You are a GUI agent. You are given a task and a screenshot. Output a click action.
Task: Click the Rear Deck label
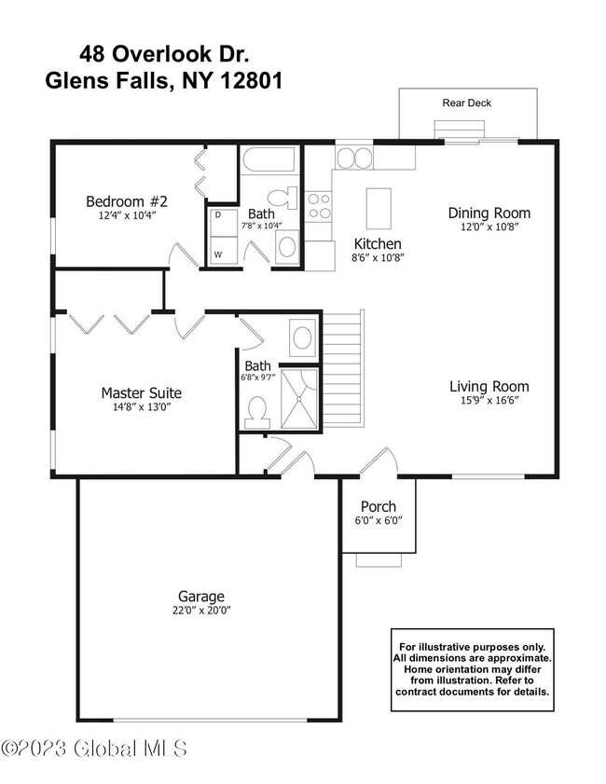click(x=467, y=103)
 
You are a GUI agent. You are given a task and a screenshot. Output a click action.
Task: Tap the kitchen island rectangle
click(x=378, y=208)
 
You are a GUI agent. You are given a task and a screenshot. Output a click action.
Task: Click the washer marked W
click(x=219, y=253)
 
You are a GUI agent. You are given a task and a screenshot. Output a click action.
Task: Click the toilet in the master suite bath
click(x=255, y=409)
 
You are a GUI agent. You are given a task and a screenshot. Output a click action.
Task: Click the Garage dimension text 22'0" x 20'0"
click(x=200, y=611)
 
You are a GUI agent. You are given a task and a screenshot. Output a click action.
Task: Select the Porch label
click(x=378, y=506)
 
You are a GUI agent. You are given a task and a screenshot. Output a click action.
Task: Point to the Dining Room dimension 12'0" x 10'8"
click(x=489, y=227)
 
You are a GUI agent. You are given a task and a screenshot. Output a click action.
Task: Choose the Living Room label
click(x=489, y=386)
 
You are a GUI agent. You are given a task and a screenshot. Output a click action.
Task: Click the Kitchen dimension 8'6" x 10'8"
click(x=378, y=257)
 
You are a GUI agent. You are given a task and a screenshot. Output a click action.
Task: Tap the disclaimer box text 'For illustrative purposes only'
click(x=473, y=646)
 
